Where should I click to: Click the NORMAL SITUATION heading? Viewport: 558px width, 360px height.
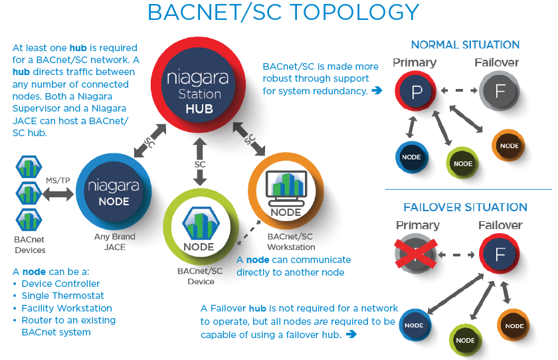(x=465, y=45)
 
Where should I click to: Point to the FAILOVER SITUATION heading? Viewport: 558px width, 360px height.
(x=465, y=207)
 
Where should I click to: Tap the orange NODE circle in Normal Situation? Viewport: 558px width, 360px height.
(x=510, y=145)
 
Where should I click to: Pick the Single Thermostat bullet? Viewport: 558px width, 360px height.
(x=62, y=296)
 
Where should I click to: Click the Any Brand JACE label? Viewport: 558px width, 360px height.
(x=114, y=242)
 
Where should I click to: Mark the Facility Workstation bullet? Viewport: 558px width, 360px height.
(x=66, y=308)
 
